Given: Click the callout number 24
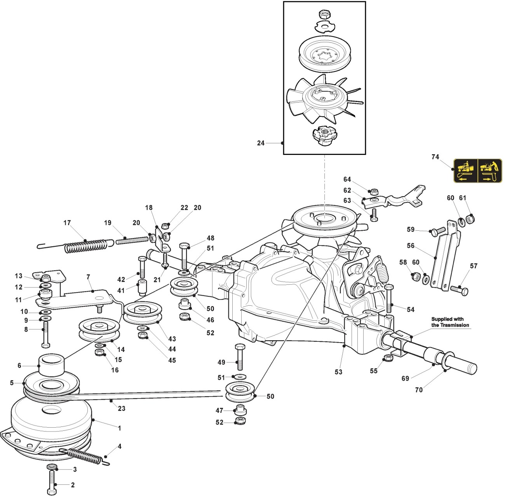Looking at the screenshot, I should click(261, 143).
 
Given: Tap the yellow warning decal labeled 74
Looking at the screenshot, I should click(478, 171).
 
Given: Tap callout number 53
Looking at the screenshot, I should click(338, 372).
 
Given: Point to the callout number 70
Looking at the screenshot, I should click(419, 390).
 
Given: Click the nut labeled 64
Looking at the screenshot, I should click(374, 191).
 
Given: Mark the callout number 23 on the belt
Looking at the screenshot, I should click(122, 408).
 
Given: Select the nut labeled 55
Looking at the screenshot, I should click(387, 358).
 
